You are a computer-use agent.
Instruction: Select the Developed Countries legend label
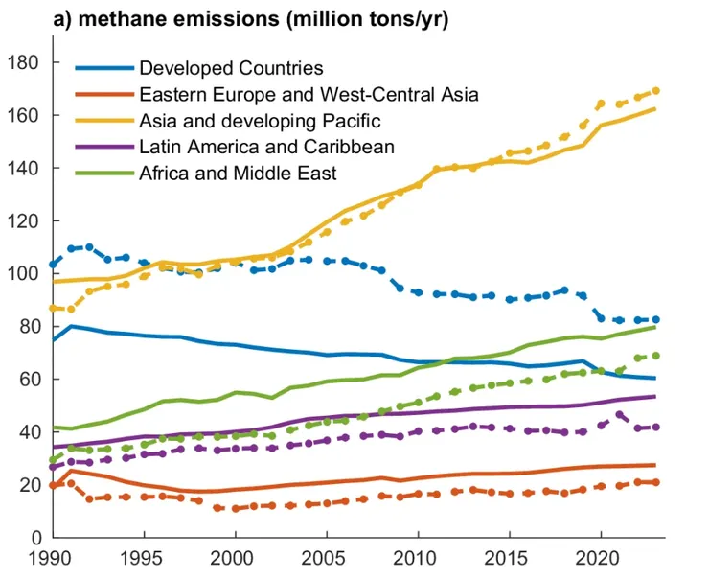click(x=231, y=68)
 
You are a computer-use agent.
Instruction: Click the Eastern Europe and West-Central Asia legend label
click(x=308, y=94)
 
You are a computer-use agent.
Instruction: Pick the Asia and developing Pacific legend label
click(x=260, y=121)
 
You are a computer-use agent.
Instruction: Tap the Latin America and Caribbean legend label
click(x=266, y=147)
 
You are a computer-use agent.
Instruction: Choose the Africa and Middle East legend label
click(x=238, y=174)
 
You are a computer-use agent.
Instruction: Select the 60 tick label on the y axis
click(x=27, y=380)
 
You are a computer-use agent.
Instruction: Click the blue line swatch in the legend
click(x=103, y=68)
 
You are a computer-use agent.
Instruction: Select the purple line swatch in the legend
click(x=103, y=147)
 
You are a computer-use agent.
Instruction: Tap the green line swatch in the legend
click(x=103, y=174)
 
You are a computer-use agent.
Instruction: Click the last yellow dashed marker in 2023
click(x=655, y=91)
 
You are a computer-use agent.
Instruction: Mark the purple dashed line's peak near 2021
click(x=619, y=415)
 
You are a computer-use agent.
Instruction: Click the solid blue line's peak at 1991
click(x=71, y=326)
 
